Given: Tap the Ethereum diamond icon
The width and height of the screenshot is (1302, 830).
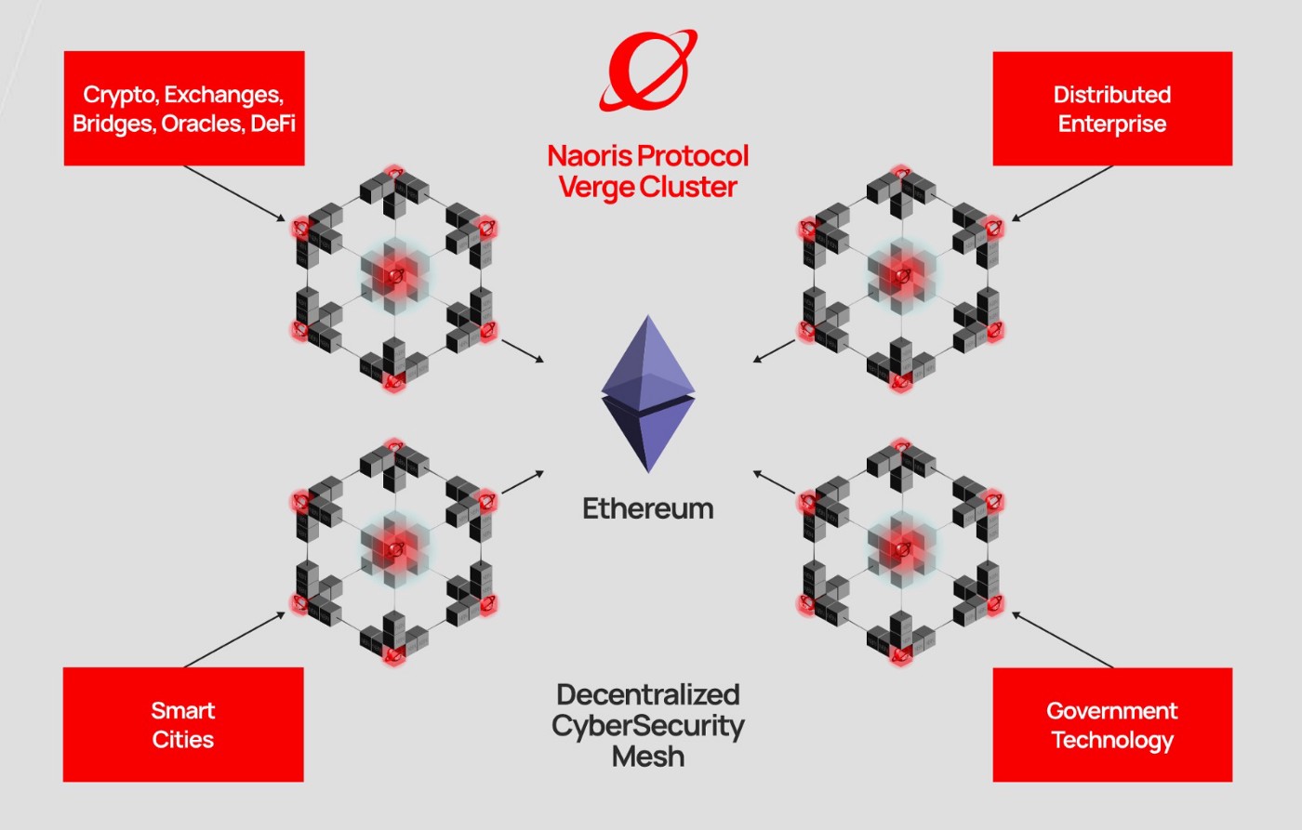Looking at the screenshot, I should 648,394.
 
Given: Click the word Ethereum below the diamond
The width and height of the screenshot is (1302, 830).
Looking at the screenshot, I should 648,508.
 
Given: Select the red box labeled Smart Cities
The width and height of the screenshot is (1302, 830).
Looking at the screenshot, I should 183,724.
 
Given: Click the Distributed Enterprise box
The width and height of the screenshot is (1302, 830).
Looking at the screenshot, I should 1112,109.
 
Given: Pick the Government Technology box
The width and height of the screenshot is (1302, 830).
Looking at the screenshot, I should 1112,724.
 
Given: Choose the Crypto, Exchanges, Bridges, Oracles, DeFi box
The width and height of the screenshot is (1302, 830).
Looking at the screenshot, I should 184,109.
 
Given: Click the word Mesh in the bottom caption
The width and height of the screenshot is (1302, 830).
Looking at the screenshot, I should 648,757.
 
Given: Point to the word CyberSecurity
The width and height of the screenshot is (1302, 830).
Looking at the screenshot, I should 648,726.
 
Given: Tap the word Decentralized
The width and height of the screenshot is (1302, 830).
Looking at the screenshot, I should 648,694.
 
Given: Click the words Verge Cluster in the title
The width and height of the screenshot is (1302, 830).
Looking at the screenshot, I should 648,187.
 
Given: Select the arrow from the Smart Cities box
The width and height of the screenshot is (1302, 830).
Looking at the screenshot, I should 234,639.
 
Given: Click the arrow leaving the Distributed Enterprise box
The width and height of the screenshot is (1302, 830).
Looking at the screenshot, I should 1062,193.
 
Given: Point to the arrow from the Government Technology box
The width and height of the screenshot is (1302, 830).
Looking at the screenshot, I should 1062,639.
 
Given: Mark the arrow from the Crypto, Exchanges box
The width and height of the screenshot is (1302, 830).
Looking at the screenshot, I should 234,193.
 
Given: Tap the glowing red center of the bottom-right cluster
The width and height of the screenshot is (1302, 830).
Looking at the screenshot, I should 901,547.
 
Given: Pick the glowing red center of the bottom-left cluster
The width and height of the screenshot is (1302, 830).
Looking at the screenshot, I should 395,547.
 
